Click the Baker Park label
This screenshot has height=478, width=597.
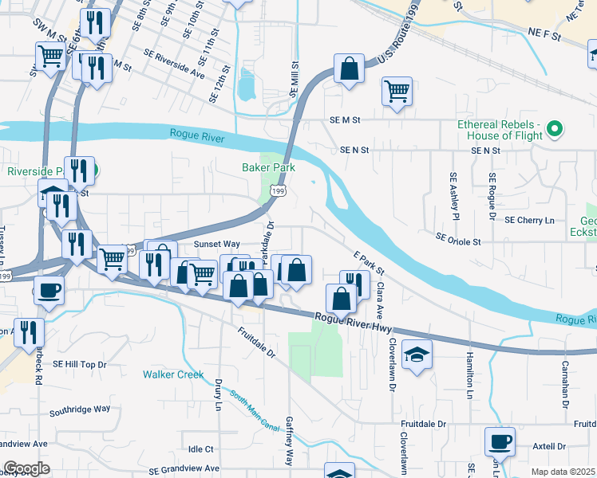(269, 167)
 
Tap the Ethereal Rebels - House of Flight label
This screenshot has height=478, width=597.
(500, 130)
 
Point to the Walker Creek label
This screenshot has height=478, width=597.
(169, 374)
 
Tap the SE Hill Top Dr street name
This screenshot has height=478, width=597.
(79, 364)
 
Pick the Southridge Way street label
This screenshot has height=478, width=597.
(79, 409)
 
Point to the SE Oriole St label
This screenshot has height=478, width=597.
(458, 240)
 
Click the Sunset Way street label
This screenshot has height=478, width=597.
(216, 244)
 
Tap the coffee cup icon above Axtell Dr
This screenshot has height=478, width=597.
(500, 440)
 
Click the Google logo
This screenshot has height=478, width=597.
(26, 468)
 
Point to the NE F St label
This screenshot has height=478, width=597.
(544, 37)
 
